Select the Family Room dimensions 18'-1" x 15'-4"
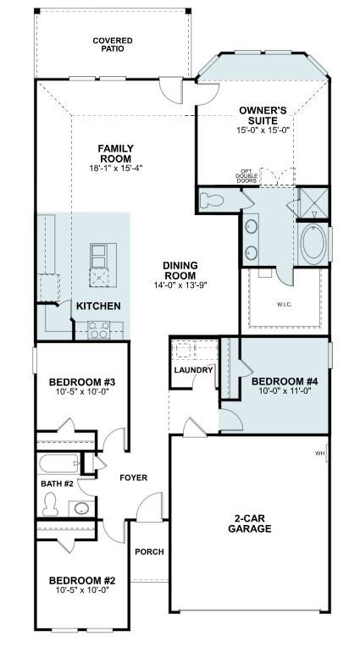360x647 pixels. [x=115, y=168]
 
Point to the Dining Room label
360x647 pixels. [x=180, y=270]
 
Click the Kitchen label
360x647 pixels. [x=98, y=306]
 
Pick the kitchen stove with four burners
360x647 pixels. [x=99, y=330]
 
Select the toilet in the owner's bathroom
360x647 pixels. [x=213, y=200]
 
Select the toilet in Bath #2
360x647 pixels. [x=50, y=503]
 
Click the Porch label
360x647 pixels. [x=149, y=552]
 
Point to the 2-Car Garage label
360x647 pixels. [x=249, y=523]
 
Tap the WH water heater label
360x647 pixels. [x=320, y=453]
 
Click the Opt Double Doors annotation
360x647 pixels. [x=246, y=177]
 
